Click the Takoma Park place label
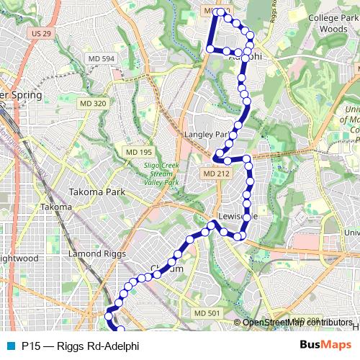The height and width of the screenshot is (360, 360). click(96, 192)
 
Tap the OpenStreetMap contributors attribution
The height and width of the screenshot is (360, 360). click(297, 322)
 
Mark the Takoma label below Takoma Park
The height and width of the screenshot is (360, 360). click(55, 207)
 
